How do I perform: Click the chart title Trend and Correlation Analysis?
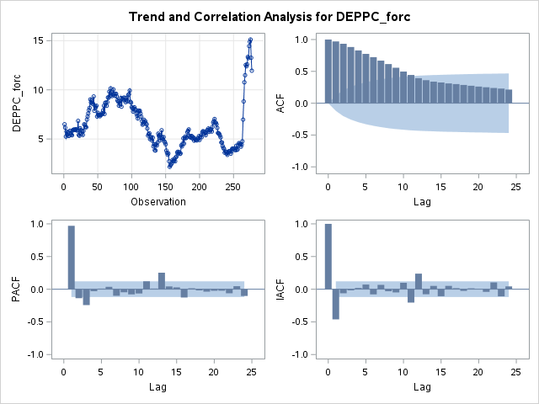coord(269,16)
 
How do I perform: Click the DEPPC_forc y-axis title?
coord(16,103)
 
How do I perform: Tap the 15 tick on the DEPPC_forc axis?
coord(38,40)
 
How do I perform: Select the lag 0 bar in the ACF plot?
coord(328,72)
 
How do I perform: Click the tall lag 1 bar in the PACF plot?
coord(71,257)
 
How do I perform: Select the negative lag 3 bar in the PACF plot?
coord(86,296)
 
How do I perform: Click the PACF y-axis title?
coord(16,289)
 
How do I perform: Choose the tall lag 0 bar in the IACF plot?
coord(328,256)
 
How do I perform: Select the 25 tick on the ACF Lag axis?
coord(516,185)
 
